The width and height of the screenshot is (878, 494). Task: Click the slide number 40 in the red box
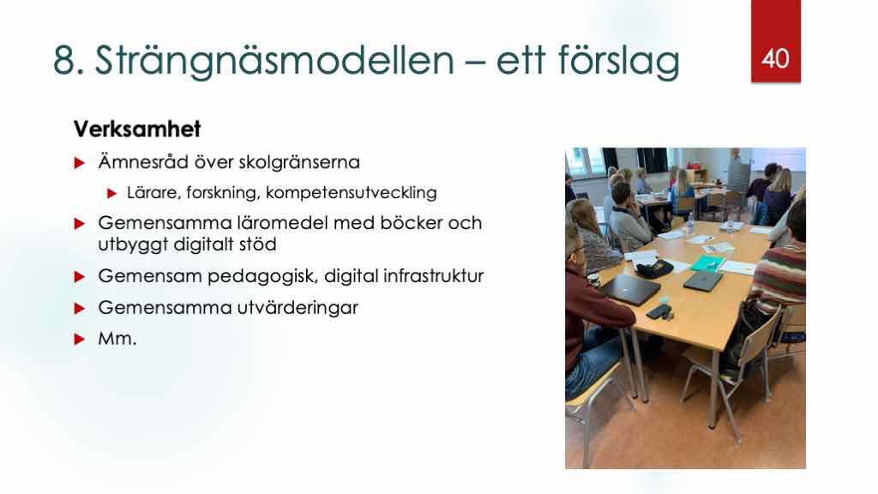pyautogui.click(x=775, y=58)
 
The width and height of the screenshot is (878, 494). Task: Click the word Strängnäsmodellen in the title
pyautogui.click(x=274, y=61)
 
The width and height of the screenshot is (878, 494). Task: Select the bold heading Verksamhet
pyautogui.click(x=137, y=129)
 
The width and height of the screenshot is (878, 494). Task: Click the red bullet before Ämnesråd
pyautogui.click(x=80, y=163)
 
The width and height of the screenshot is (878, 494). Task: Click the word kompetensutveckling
pyautogui.click(x=351, y=193)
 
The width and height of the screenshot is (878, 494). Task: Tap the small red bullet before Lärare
pyautogui.click(x=112, y=194)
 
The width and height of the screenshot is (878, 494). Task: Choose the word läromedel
pyautogui.click(x=282, y=223)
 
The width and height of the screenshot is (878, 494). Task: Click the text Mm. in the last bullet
pyautogui.click(x=117, y=339)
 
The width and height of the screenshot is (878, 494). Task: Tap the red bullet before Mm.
pyautogui.click(x=80, y=340)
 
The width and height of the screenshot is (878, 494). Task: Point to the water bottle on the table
pyautogui.click(x=690, y=224)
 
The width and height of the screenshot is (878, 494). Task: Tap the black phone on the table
pyautogui.click(x=658, y=312)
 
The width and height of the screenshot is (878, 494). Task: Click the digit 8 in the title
pyautogui.click(x=64, y=61)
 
